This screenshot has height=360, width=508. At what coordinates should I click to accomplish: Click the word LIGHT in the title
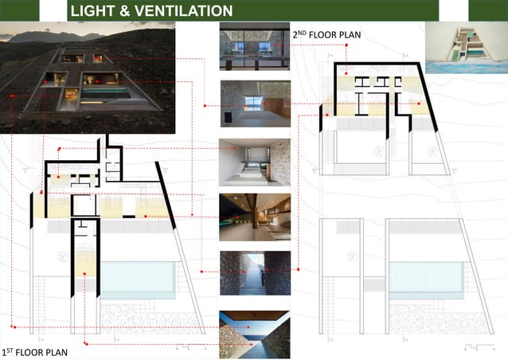click(94, 11)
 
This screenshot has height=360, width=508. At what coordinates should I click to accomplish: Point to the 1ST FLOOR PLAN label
click(35, 351)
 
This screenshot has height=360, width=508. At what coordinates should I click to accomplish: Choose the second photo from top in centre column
click(254, 104)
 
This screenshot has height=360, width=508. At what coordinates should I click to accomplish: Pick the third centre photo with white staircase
click(254, 162)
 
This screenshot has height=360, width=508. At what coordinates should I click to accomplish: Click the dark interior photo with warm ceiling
click(254, 217)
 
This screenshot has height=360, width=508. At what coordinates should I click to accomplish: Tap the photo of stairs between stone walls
click(254, 273)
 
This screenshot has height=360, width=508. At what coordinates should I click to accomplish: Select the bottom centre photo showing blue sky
click(254, 333)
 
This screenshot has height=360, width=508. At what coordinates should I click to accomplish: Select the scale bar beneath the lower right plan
click(478, 346)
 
